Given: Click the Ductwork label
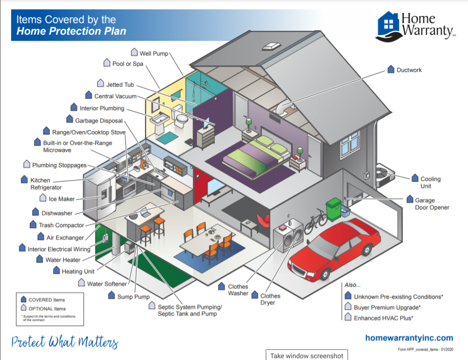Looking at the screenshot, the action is [409, 70].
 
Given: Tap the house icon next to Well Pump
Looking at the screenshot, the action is [134, 52].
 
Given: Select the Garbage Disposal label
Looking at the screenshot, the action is [99, 121].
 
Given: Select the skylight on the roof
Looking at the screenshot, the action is [271, 46].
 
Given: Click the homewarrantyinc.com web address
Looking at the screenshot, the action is [409, 338].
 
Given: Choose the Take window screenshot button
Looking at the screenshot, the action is [307, 355].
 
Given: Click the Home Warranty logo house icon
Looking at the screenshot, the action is [388, 26].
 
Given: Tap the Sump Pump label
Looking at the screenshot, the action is [133, 297].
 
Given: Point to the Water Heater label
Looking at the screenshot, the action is [63, 260].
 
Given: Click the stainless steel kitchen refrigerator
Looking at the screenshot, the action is [100, 196].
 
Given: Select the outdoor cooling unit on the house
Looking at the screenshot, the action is [385, 175].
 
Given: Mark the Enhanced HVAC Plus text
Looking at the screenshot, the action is [383, 318].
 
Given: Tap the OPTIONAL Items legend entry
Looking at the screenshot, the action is [47, 309].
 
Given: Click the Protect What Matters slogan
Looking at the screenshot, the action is [65, 342].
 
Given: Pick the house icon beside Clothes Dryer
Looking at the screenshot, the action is [255, 295].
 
